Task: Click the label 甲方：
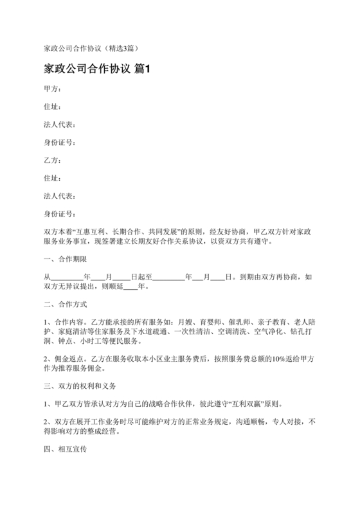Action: point(52,89)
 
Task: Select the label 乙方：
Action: point(52,160)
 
